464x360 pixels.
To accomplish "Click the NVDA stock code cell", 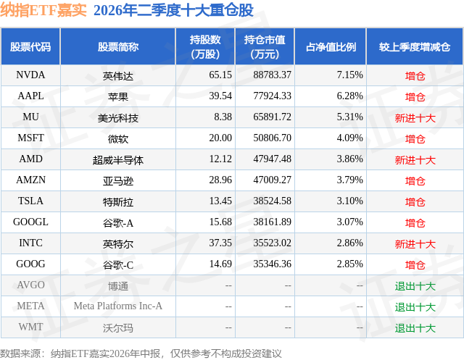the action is coord(30,75).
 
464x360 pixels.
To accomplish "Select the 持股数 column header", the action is coord(205,46).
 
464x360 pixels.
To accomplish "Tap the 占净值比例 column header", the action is coord(331,47).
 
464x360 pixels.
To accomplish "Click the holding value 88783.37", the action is coord(273,75).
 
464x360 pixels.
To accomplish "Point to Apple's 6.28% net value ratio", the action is coord(349,96).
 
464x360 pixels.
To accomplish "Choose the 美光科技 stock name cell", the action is coord(117,118).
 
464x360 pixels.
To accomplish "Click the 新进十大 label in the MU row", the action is coord(415,118).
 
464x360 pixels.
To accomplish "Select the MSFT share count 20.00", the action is coord(220,138).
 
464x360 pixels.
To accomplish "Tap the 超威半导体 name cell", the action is coord(117,160).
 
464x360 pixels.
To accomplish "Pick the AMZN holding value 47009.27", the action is coord(273,180).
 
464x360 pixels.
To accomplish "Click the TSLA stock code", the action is coord(30,201).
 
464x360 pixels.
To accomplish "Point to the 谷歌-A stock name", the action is coord(117,223).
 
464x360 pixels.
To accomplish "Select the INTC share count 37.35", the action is coord(220,243).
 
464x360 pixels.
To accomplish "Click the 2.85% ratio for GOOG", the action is coord(349,264).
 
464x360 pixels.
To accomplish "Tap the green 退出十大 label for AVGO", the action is coord(415,286).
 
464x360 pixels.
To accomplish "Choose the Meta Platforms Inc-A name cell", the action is coord(117,306).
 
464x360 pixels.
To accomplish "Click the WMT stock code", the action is coord(30,327).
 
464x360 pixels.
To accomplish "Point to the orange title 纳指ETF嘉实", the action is coord(43,10).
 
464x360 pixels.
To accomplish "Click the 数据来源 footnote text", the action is coord(141,353).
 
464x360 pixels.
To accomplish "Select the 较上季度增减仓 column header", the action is coord(415,47).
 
